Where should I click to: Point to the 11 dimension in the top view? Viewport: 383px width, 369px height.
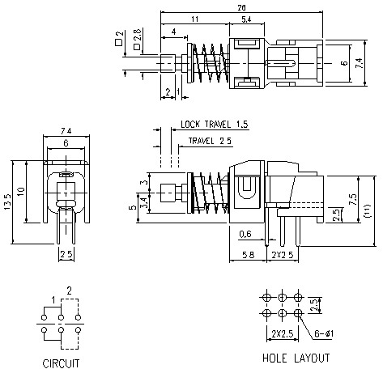point(196,19)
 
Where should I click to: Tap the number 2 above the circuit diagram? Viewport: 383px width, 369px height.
point(70,291)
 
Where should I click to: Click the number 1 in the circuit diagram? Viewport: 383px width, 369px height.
point(54,300)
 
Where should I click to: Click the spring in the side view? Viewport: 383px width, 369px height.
point(211,194)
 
